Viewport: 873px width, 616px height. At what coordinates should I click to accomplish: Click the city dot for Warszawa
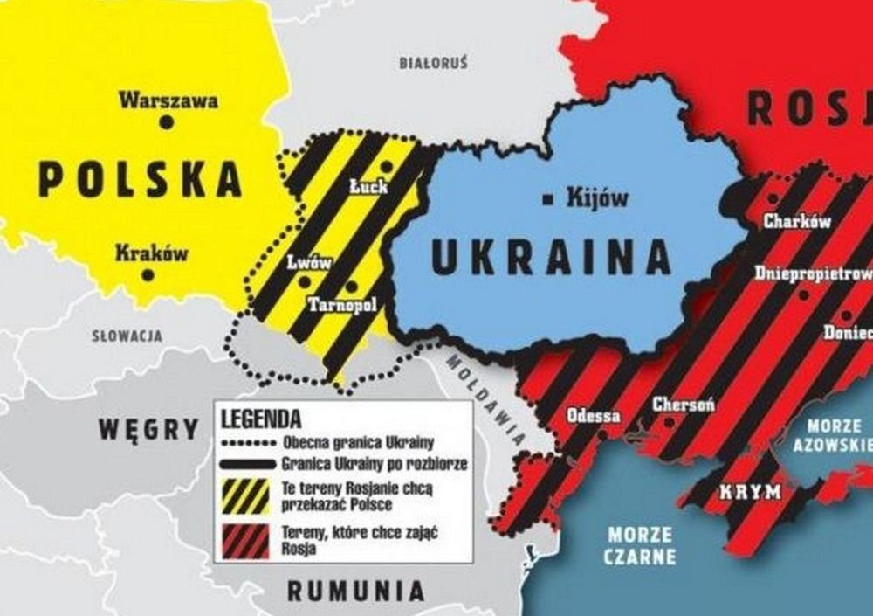pos(166,123)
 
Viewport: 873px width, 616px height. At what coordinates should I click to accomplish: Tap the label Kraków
pos(152,253)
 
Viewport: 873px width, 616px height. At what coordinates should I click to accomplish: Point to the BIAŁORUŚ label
pos(433,63)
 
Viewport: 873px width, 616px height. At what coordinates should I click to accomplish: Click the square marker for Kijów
pos(547,199)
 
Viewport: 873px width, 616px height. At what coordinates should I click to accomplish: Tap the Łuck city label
pos(368,186)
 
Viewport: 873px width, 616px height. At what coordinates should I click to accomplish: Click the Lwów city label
pos(309,262)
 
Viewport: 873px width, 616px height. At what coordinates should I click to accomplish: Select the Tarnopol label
pos(341,304)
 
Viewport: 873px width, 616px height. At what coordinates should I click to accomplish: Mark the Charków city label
pos(796,221)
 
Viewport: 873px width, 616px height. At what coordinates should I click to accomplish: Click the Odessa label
pos(594,415)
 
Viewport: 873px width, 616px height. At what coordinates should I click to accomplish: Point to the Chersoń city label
pos(684,405)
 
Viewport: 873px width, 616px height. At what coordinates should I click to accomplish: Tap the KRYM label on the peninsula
pos(750,492)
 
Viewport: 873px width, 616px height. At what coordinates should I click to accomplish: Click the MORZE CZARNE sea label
pos(641,545)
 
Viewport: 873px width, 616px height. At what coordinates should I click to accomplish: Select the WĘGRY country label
pos(149,429)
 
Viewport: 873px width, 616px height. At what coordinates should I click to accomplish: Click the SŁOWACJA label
pos(127,335)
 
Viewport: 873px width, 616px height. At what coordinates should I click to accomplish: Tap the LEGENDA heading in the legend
pos(261,418)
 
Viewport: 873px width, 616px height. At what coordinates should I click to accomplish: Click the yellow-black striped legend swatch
pos(246,496)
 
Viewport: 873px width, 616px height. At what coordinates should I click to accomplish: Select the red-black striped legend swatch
pos(246,541)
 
